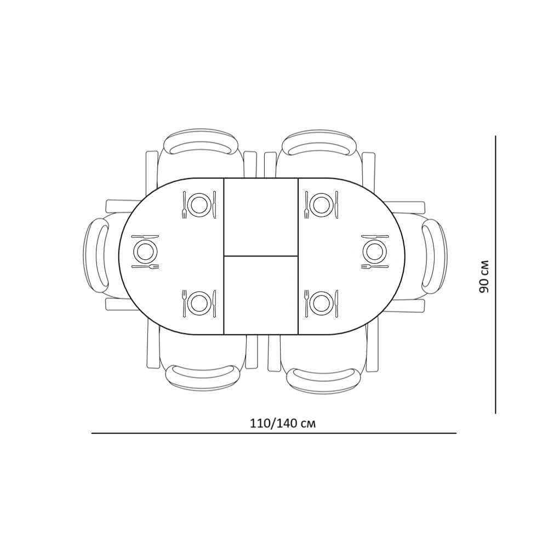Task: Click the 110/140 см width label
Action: click(283, 423)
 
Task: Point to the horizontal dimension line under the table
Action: click(274, 433)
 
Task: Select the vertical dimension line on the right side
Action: click(495, 275)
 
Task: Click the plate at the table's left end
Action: click(145, 250)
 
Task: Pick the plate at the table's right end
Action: click(375, 250)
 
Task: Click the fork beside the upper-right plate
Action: click(306, 205)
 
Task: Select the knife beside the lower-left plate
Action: click(214, 304)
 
